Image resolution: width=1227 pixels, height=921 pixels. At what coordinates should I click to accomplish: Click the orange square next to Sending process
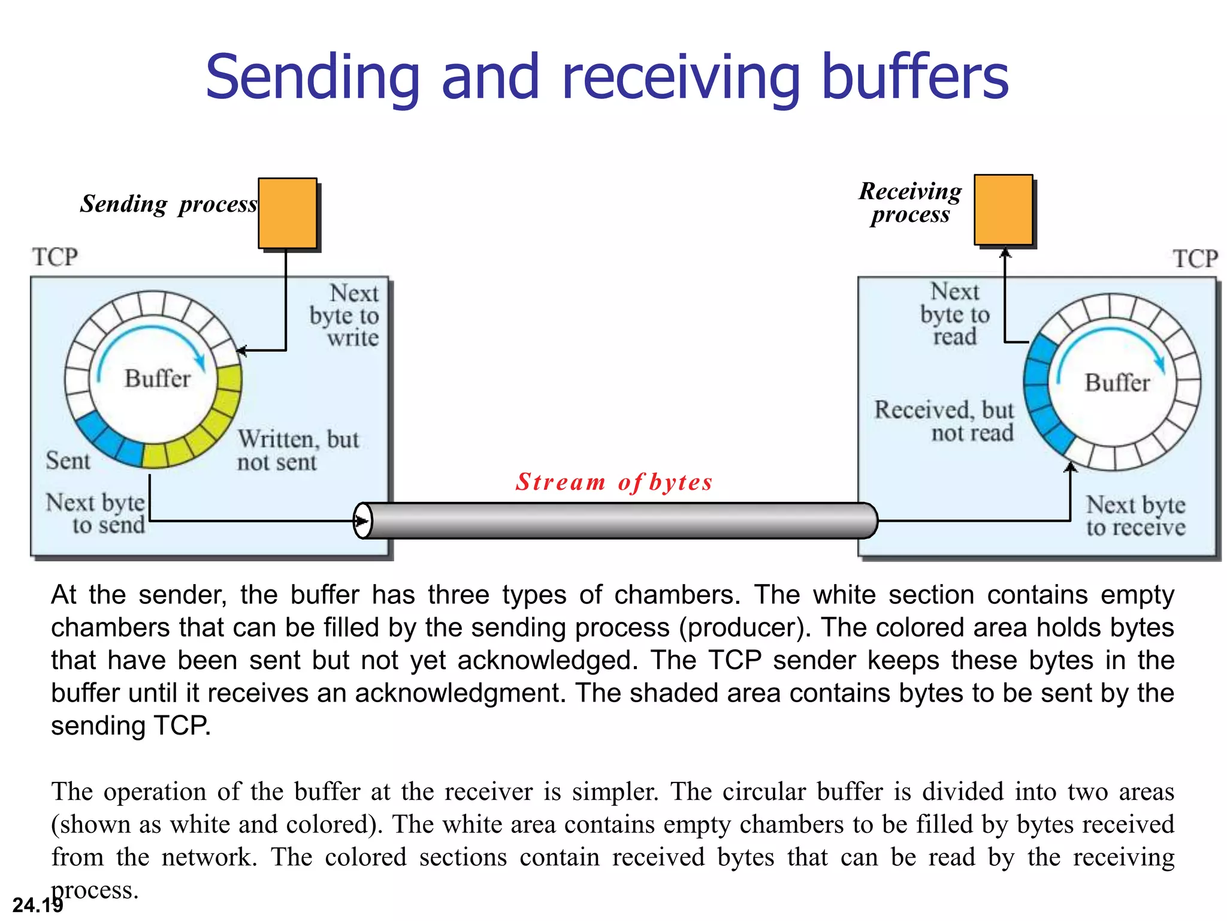[288, 213]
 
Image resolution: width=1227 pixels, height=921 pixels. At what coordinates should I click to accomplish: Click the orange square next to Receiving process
[1004, 210]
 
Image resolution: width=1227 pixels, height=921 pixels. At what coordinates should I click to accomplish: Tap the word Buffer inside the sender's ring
[158, 379]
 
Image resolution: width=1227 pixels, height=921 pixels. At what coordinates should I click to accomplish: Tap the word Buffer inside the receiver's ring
[1117, 383]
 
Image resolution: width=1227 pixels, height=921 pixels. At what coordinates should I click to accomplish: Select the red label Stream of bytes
[614, 482]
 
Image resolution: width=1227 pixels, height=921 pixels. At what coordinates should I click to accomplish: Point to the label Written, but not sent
[298, 450]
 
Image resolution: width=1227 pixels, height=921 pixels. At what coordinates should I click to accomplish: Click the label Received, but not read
[944, 421]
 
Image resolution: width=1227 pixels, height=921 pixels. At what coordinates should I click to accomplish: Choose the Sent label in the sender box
[68, 460]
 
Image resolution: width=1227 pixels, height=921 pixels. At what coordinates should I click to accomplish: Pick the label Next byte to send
[96, 514]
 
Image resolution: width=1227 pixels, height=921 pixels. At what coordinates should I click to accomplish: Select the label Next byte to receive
[1136, 516]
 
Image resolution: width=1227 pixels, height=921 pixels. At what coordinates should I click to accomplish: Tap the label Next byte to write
[344, 315]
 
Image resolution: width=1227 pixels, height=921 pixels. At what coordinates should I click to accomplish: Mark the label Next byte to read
[955, 314]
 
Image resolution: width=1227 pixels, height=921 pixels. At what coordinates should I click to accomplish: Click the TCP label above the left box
[55, 257]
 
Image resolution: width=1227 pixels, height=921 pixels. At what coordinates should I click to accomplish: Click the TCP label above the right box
[1195, 259]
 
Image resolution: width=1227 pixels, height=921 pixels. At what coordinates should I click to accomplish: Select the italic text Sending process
[169, 204]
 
